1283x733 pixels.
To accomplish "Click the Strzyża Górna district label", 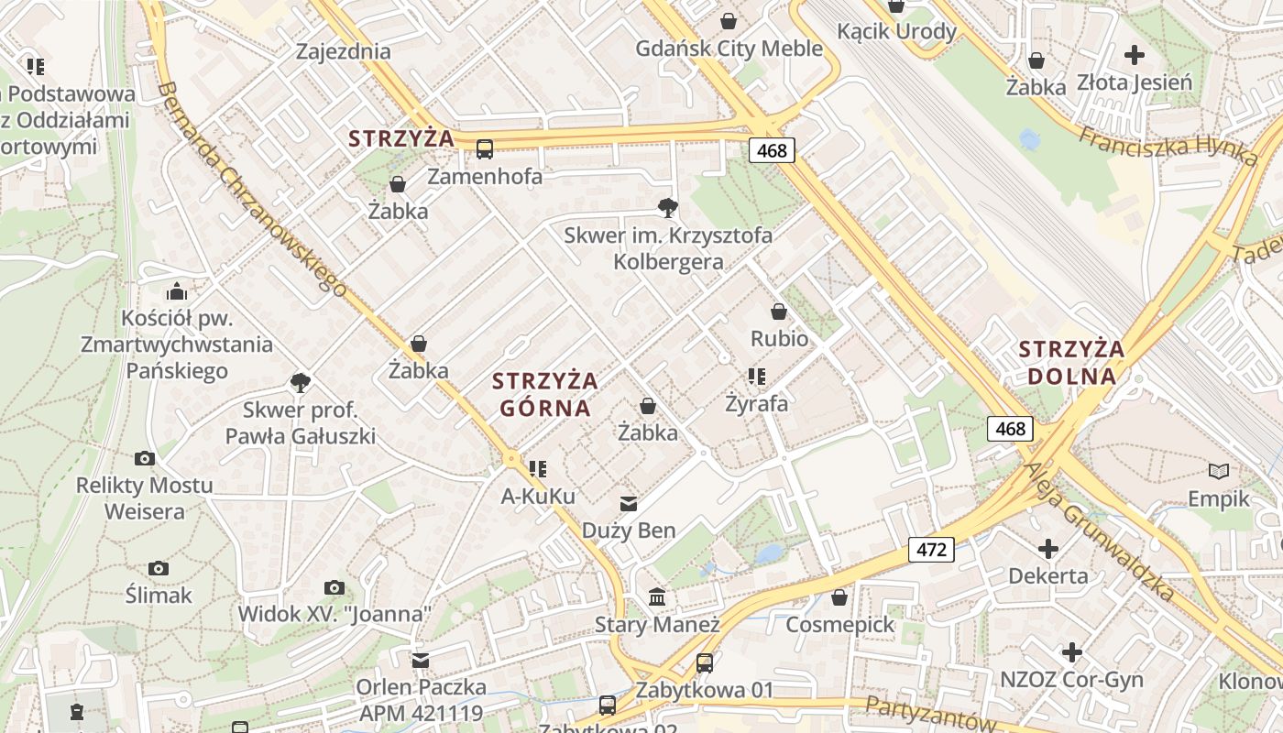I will tap(544, 394).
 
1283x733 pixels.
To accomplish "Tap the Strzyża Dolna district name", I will tap(1071, 362).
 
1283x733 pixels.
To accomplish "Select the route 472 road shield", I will tap(931, 550).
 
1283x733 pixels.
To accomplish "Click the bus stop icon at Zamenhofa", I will tap(485, 148).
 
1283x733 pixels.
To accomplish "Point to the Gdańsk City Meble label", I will tap(729, 49).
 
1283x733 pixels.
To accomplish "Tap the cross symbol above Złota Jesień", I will tap(1135, 55).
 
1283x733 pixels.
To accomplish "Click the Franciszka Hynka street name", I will tap(1168, 144).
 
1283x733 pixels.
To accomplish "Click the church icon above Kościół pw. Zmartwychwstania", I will tap(177, 292).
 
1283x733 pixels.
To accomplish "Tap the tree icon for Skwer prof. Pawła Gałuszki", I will tap(300, 382).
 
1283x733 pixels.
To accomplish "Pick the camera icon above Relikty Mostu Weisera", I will tap(144, 458).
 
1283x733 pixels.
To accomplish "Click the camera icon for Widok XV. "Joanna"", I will tap(334, 587).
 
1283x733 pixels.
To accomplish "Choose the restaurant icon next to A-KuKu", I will tap(538, 469).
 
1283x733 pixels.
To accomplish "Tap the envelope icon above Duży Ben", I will tap(629, 503).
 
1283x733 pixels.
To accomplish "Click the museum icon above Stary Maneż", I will tap(657, 597).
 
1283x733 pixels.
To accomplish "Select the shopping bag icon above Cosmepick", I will tap(839, 598).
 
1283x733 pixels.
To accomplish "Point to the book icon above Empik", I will tap(1218, 472).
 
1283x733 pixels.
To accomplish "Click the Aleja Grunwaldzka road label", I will tap(1099, 531).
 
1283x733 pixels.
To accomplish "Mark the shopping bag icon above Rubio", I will tap(779, 312).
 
